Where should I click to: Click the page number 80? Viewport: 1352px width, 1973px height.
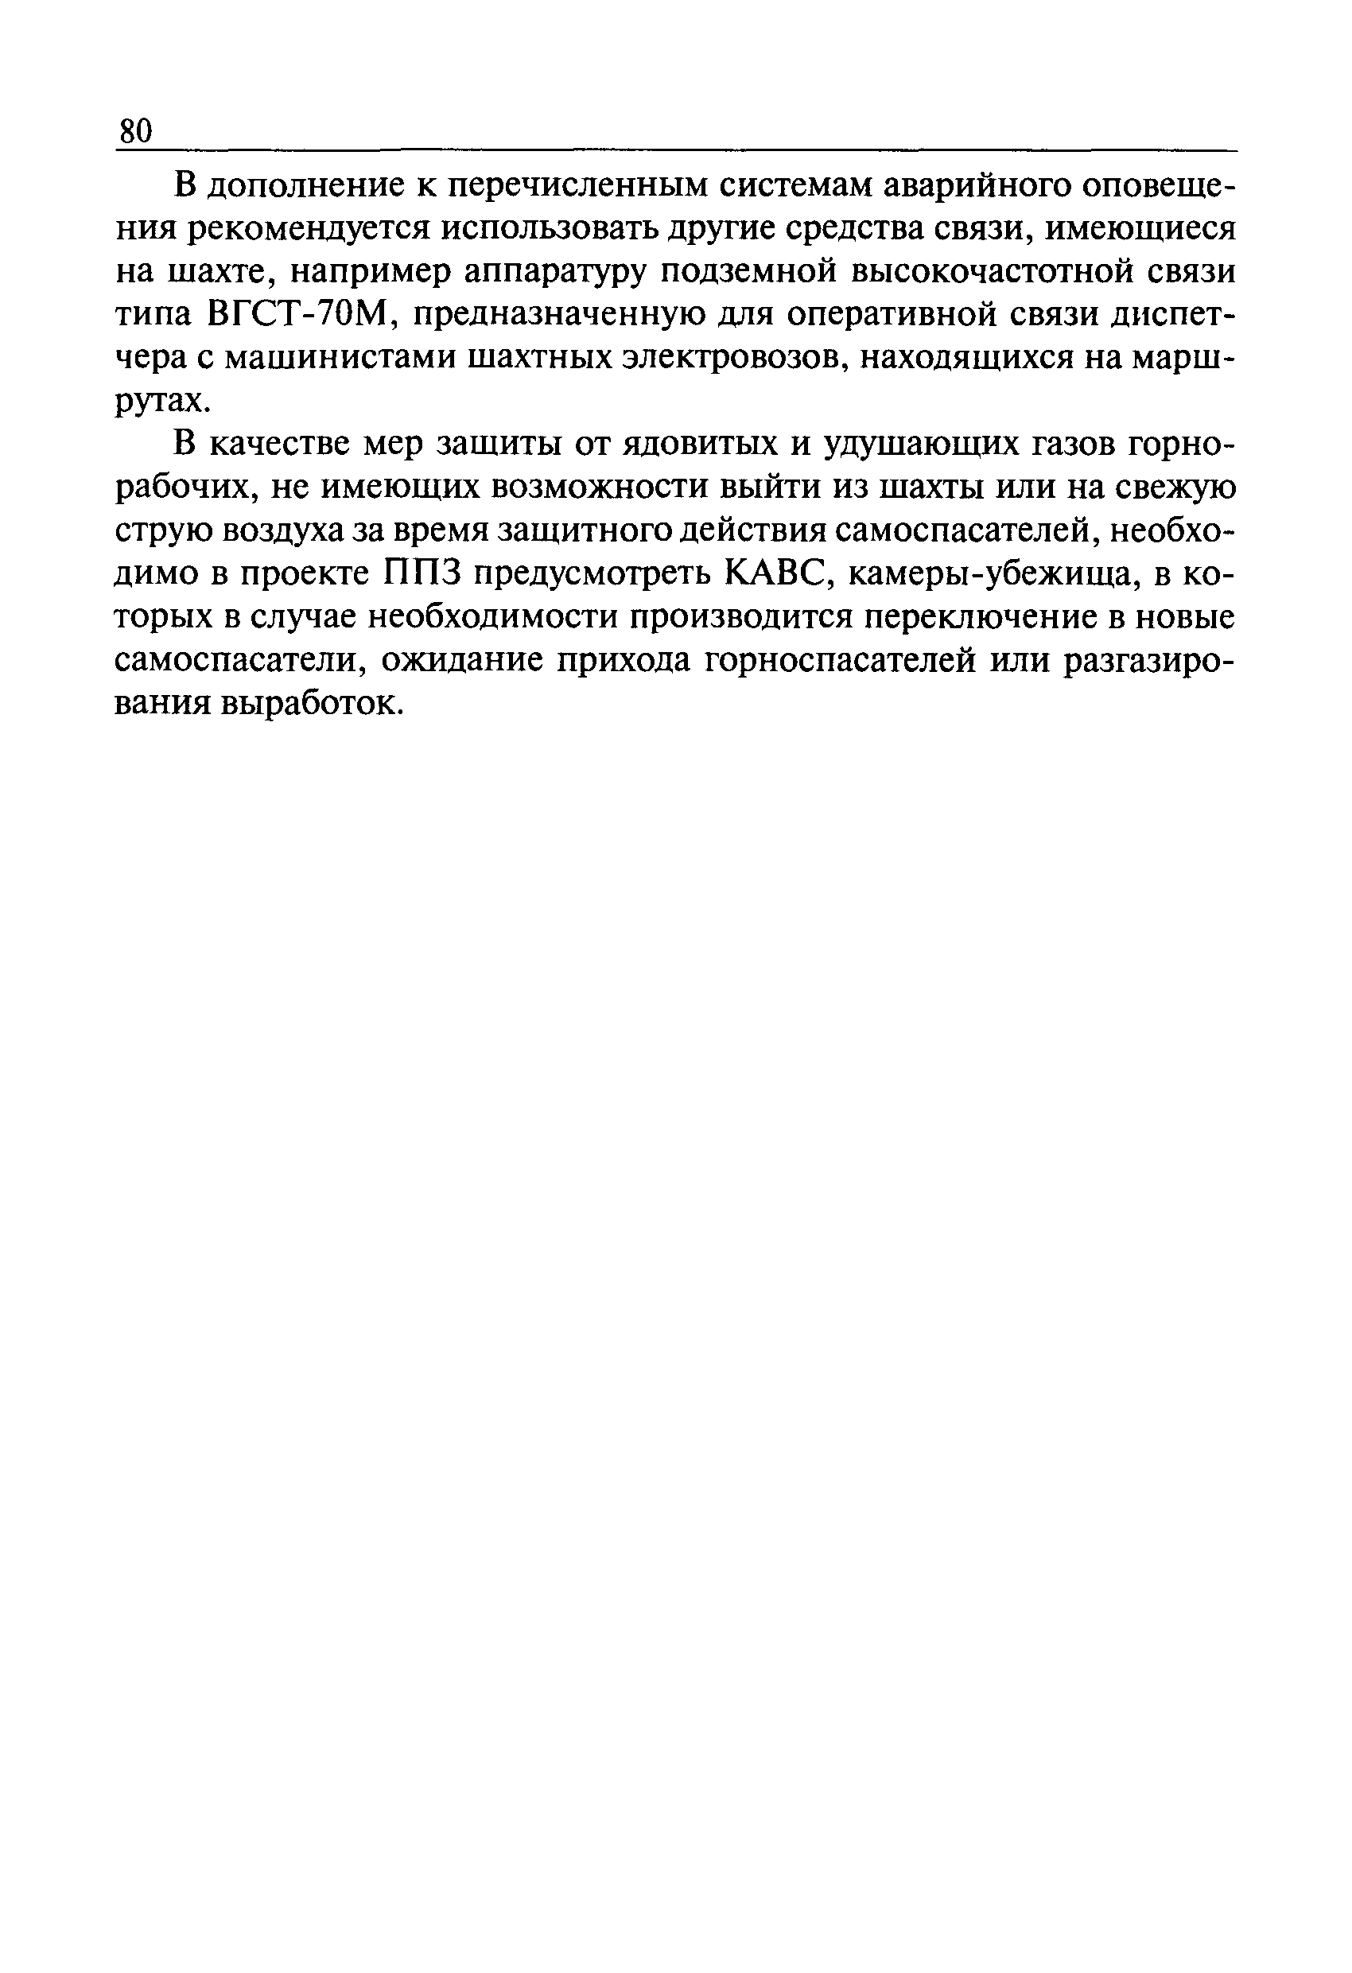pos(136,131)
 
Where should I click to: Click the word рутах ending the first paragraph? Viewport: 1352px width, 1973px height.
pos(159,403)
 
